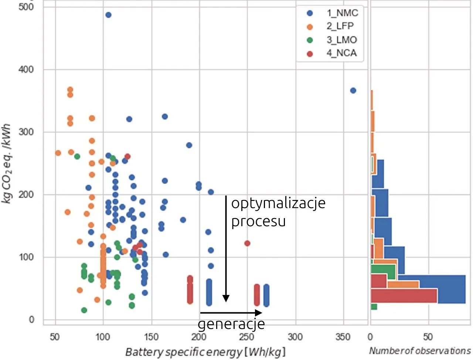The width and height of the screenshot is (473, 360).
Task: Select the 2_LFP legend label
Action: tap(340, 26)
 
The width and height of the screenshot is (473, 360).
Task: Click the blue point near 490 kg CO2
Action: tap(108, 15)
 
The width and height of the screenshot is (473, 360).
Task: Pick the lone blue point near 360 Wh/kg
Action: tap(353, 91)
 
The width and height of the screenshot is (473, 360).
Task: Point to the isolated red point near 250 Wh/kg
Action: tap(247, 243)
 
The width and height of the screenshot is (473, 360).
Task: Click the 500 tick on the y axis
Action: tap(26, 7)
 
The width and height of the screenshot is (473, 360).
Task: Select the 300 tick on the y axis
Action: tap(26, 132)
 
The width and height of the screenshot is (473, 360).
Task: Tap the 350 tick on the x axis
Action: tap(343, 337)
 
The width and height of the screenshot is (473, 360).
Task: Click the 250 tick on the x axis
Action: tap(246, 337)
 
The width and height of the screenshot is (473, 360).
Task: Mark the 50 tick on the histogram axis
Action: tap(428, 337)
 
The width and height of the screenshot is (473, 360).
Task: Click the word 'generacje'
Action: tap(231, 324)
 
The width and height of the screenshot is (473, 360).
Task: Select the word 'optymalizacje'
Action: tap(278, 203)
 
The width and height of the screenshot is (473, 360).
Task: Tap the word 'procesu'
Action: tap(258, 221)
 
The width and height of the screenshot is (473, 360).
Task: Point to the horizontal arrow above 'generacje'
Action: tap(231, 313)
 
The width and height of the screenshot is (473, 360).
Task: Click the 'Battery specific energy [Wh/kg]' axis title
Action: tap(205, 351)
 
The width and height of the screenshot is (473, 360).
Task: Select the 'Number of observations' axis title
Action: tap(420, 350)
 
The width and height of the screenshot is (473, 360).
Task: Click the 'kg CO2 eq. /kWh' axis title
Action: tap(7, 164)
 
